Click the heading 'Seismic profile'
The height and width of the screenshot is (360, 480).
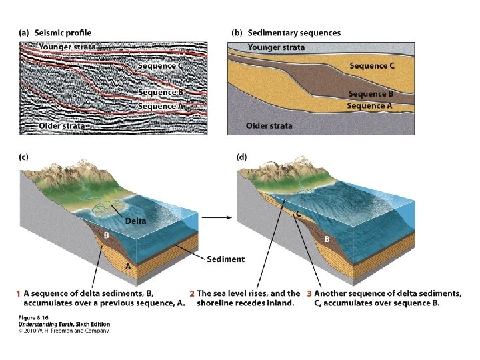[x=64, y=33]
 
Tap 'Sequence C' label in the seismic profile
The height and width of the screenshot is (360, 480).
[x=161, y=65]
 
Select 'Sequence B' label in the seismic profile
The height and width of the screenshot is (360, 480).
[x=161, y=93]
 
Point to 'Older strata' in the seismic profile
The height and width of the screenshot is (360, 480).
[x=62, y=125]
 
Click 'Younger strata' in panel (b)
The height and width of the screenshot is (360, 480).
[x=276, y=47]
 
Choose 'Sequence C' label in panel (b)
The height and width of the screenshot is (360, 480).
[x=372, y=65]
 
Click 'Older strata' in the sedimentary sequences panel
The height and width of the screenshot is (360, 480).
[x=269, y=125]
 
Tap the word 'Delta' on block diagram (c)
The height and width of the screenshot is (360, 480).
[x=136, y=221]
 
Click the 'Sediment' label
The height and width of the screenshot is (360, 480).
[x=225, y=259]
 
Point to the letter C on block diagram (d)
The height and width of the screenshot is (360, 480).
[x=299, y=214]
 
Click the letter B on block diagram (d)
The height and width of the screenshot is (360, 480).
[x=327, y=239]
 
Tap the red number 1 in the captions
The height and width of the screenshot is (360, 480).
[x=17, y=293]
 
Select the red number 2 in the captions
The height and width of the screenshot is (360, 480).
[x=191, y=293]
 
